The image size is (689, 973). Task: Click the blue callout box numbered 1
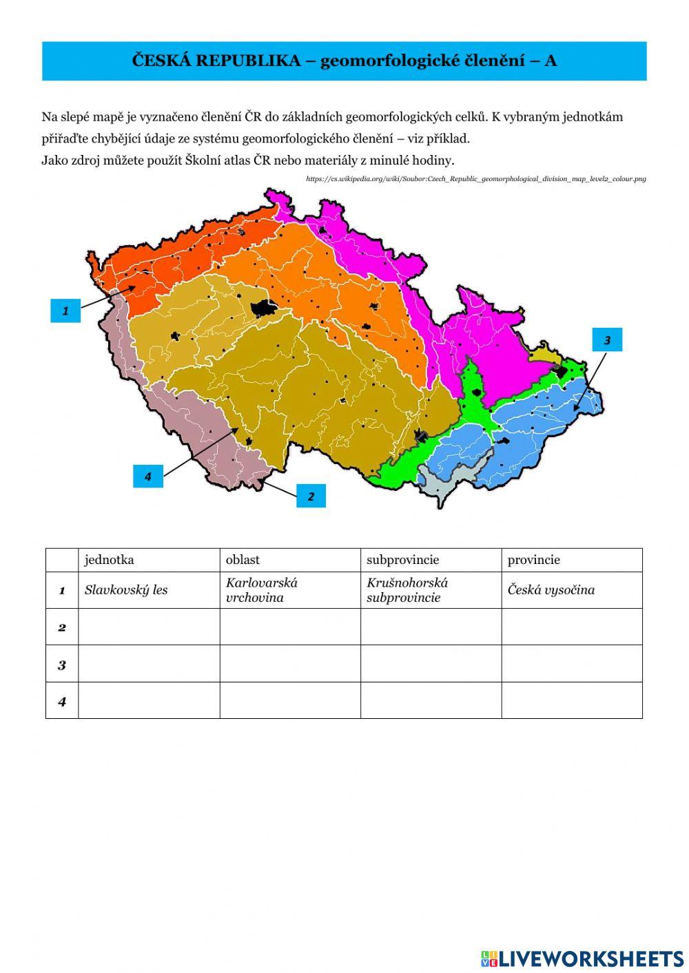[x=65, y=311]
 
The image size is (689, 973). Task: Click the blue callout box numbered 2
[x=311, y=496]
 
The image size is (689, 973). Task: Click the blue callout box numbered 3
[x=606, y=339]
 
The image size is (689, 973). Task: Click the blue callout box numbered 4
[x=147, y=476]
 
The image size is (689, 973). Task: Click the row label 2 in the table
[x=62, y=627]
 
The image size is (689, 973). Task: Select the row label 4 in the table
[x=62, y=701]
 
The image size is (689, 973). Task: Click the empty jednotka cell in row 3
[x=149, y=664]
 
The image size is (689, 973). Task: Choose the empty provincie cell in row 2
[x=571, y=627]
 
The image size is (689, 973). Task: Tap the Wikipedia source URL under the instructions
[x=476, y=179]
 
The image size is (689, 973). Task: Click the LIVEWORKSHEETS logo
[x=582, y=958]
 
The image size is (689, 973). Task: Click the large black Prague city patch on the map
[x=263, y=308]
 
